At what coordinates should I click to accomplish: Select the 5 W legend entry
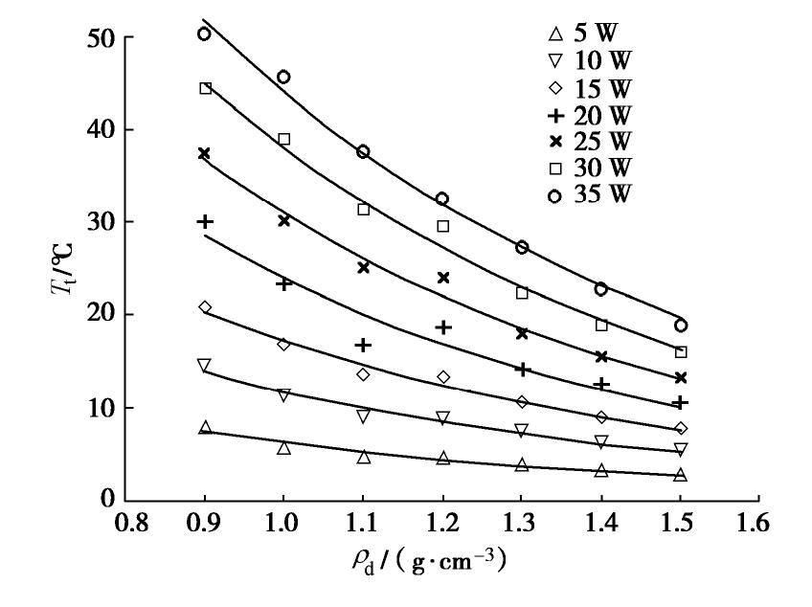pos(586,38)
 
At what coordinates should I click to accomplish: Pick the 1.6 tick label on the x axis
pos(759,526)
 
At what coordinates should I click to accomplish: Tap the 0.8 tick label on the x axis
pos(127,526)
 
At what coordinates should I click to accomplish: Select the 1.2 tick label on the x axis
pos(443,526)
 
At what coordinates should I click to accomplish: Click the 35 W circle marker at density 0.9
pos(204,34)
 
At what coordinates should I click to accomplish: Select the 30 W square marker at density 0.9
pos(205,88)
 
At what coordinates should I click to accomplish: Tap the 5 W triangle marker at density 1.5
pos(680,475)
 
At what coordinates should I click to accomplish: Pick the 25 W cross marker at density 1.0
pos(283,220)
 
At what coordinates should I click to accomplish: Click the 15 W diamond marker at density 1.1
pos(363,374)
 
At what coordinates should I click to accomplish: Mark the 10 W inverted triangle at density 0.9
pos(204,365)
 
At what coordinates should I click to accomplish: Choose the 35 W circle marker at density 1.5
pos(680,326)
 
